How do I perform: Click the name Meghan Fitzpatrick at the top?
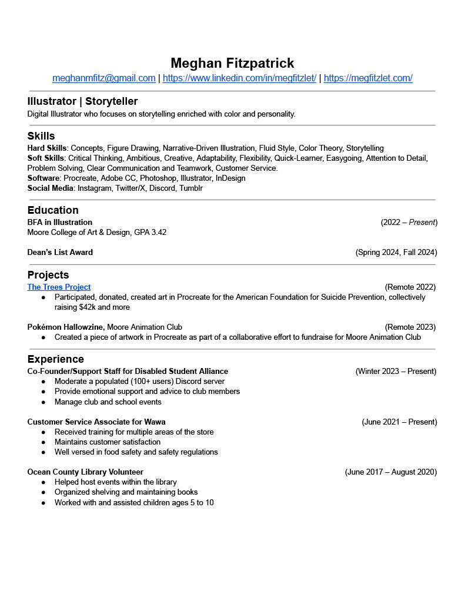[232, 63]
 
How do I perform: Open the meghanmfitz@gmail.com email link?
[104, 78]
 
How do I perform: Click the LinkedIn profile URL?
[239, 78]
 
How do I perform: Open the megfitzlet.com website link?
[368, 78]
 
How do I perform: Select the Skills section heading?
[41, 136]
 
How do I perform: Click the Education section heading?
[53, 210]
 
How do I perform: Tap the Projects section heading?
[48, 275]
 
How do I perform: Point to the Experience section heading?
[56, 359]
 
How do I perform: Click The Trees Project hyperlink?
[59, 287]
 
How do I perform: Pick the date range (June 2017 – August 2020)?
[390, 472]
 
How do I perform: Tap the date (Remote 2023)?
[410, 327]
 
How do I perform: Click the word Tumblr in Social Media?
[191, 188]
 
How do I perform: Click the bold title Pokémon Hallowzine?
[66, 327]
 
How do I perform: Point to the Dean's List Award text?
[60, 253]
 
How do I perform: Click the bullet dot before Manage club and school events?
[44, 402]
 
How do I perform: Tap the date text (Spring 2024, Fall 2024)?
[396, 253]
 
